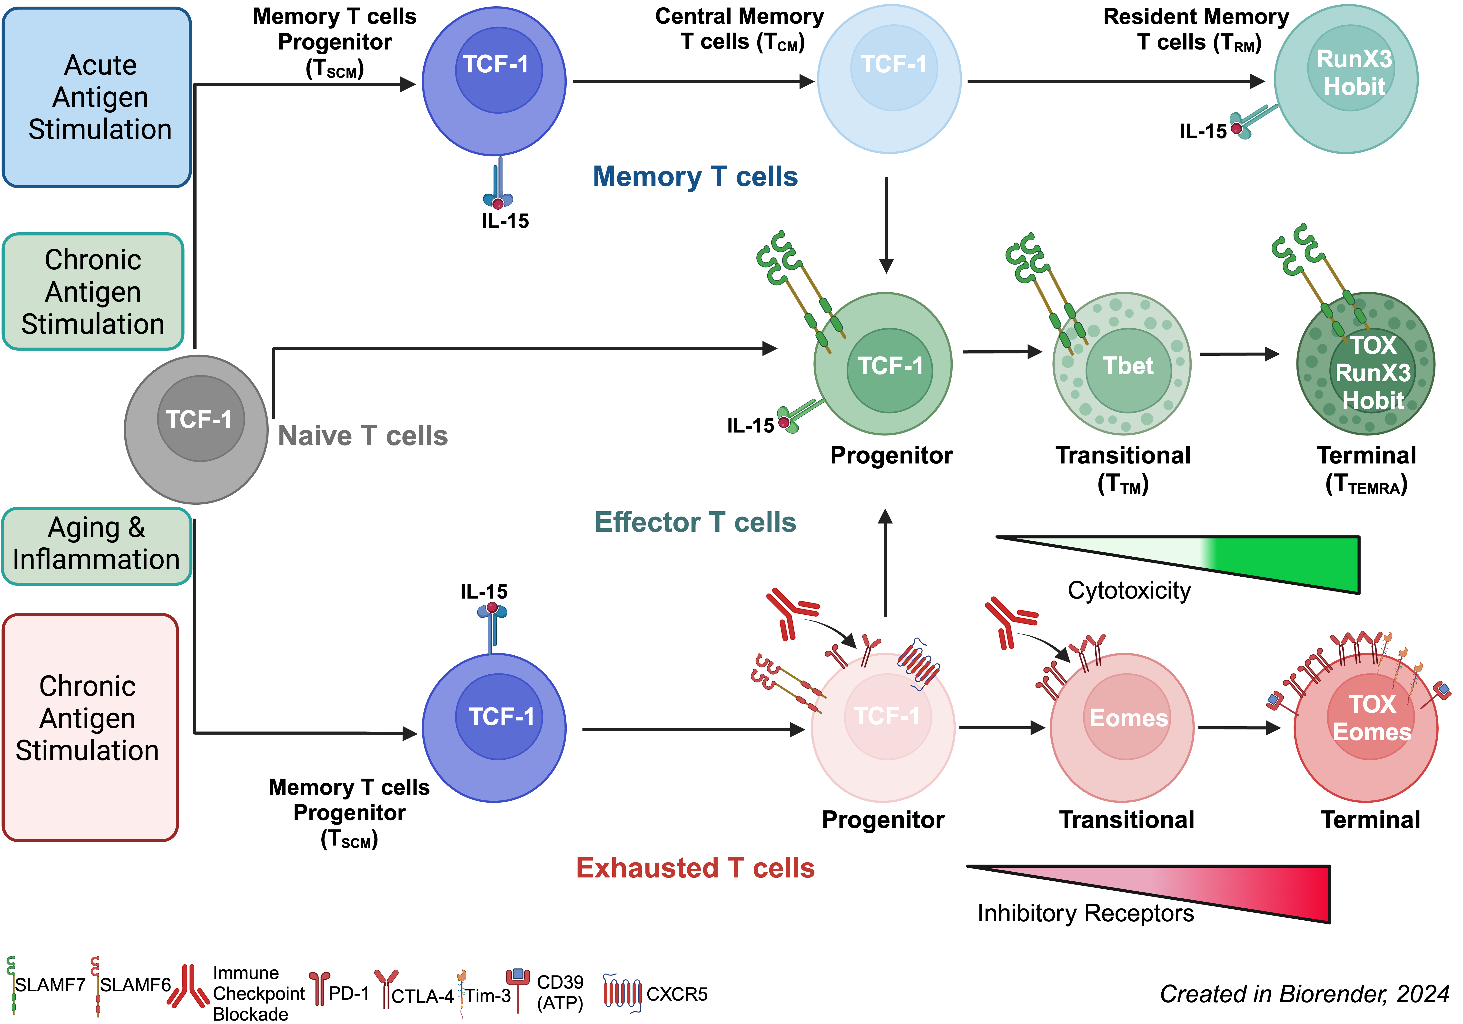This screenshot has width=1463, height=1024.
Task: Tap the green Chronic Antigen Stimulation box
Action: click(93, 291)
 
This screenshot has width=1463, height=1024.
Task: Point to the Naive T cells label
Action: click(363, 436)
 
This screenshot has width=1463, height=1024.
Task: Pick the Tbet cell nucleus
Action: click(1128, 370)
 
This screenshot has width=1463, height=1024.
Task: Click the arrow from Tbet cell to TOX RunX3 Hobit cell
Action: click(1239, 354)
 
